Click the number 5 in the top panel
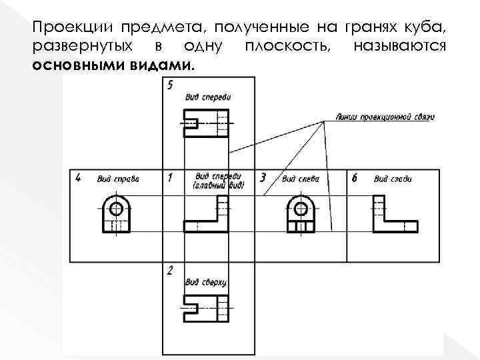click(x=171, y=85)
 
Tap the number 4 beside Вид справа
click(x=79, y=178)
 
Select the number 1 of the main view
click(x=170, y=178)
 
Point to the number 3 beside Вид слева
click(x=263, y=178)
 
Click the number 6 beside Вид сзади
click(x=354, y=178)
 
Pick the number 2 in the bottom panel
click(x=170, y=271)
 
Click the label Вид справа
click(x=117, y=179)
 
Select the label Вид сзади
click(x=393, y=179)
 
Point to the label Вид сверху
click(x=206, y=282)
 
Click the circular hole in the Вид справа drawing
click(x=116, y=208)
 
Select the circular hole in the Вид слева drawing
click(x=301, y=208)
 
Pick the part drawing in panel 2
click(x=206, y=309)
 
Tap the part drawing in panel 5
click(x=206, y=123)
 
